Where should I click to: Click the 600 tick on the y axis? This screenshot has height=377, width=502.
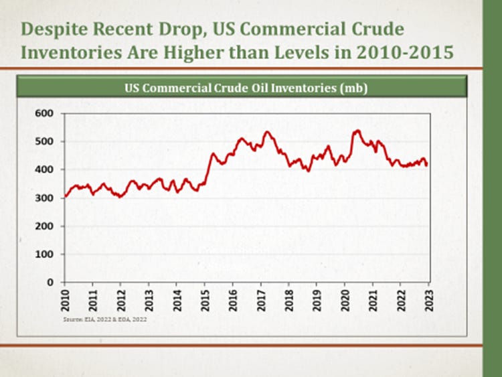44,114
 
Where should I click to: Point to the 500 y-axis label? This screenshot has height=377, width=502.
44,142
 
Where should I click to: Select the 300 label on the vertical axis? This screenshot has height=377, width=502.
44,198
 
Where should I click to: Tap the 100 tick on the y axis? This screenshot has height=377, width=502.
44,254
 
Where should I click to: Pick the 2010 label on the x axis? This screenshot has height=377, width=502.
64,299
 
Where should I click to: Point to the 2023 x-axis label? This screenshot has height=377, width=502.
429,299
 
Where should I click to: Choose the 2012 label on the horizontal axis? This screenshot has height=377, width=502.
120,299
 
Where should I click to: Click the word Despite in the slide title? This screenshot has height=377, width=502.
54,29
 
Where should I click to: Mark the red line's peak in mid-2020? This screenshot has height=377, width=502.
357,130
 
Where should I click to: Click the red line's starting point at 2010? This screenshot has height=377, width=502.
65,197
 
